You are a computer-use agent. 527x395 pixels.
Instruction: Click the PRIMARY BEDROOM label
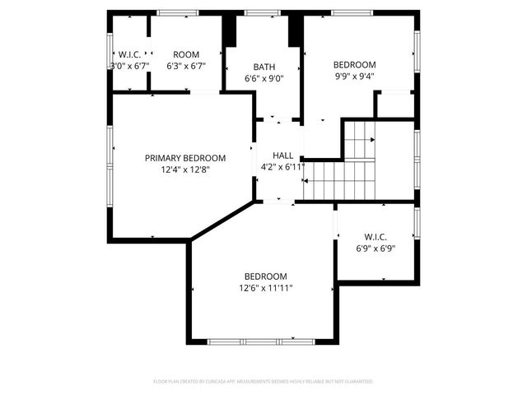coord(185,158)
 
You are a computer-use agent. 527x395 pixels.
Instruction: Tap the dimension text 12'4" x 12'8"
coord(185,171)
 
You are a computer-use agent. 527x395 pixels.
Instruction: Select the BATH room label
coord(264,67)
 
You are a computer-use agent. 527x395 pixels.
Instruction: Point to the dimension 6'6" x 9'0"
coord(264,79)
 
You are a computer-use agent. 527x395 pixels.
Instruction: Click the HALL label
coord(282,155)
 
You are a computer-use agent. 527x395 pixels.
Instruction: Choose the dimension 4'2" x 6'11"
coord(282,167)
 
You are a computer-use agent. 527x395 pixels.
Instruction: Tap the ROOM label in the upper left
coord(186,54)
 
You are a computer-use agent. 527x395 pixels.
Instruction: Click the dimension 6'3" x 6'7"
coord(186,67)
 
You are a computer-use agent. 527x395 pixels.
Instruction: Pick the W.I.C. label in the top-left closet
coord(130,54)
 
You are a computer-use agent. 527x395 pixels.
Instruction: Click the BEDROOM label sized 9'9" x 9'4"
coord(354,65)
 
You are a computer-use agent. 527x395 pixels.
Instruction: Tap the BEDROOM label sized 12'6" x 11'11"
coord(265,276)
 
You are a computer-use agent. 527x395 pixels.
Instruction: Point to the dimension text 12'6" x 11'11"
coord(265,288)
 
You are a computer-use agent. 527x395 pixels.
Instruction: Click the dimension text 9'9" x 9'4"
coord(354,77)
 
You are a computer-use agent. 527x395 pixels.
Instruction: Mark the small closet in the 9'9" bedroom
coord(394,105)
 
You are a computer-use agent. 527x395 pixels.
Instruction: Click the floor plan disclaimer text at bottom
coord(263,382)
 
